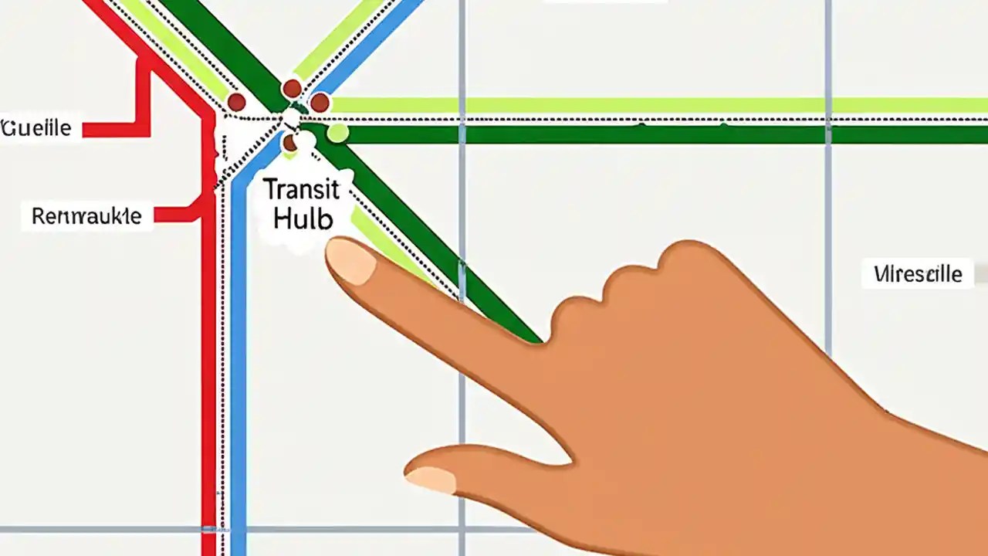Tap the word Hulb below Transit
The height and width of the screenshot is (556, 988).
[303, 219]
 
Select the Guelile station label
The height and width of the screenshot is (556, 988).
[36, 127]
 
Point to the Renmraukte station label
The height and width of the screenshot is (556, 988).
[86, 216]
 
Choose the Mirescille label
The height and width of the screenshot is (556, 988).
[919, 273]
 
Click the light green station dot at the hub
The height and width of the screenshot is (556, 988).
[337, 133]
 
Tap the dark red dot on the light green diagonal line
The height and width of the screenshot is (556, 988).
[236, 102]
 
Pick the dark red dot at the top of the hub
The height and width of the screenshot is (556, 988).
[292, 88]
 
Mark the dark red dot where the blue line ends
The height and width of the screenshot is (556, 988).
[320, 103]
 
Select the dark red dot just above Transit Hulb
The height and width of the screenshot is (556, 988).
[289, 143]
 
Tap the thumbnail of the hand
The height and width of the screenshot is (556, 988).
[431, 479]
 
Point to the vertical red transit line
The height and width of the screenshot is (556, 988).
[208, 386]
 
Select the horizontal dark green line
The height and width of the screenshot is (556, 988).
[617, 134]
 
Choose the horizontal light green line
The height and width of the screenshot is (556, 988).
[617, 105]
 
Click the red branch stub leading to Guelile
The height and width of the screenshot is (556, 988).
[116, 129]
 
